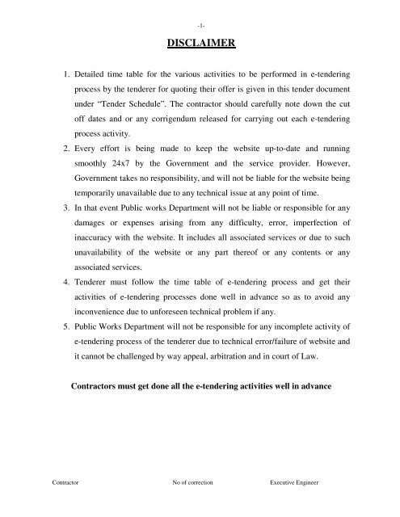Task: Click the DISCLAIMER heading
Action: [x=200, y=45]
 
